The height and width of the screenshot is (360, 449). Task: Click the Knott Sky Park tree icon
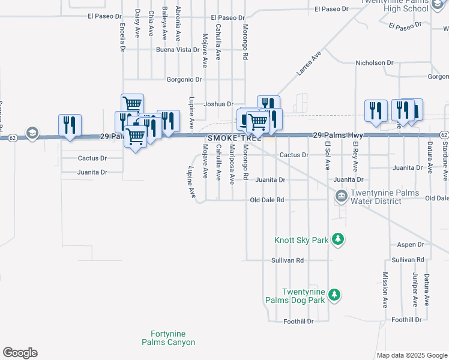click(x=339, y=240)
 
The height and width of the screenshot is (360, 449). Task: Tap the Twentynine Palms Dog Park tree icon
click(x=335, y=295)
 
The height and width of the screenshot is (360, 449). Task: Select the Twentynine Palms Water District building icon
click(x=342, y=196)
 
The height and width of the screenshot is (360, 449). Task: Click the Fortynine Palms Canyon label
click(x=168, y=338)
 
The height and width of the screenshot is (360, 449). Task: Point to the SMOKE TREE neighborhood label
click(x=235, y=138)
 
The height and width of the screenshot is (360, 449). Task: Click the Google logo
click(x=20, y=353)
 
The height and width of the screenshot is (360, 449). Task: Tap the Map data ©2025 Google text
click(x=411, y=355)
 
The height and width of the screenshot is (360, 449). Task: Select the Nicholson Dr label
click(x=374, y=62)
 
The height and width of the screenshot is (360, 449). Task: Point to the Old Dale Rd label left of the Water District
click(x=267, y=200)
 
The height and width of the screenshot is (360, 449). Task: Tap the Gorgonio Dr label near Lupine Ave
click(x=184, y=79)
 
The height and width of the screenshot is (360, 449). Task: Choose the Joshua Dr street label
click(x=218, y=103)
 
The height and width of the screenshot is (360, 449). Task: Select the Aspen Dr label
click(x=411, y=245)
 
